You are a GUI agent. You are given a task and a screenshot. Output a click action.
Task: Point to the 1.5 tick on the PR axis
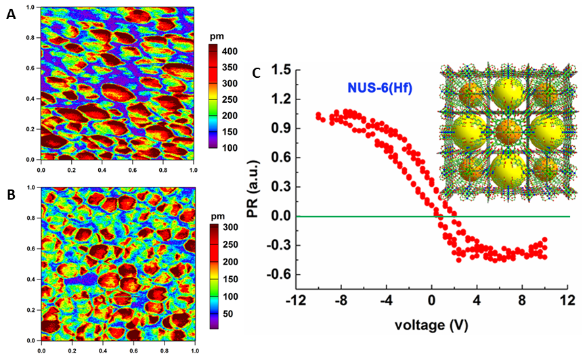pos(282,70)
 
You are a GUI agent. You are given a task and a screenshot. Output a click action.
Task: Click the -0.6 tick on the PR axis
pos(280,275)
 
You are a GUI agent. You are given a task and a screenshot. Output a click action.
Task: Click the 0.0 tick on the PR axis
pos(282,217)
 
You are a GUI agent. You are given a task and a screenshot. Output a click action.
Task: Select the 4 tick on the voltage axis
pos(477,300)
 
